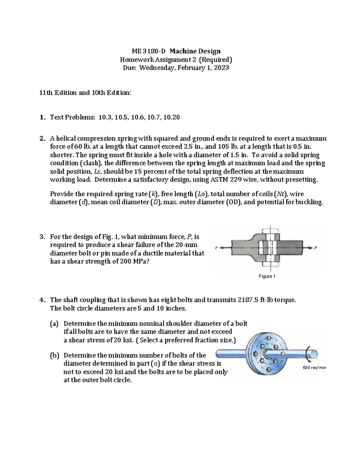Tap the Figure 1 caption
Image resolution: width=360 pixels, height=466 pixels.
tap(267, 276)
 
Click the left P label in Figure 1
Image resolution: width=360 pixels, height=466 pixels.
tap(216, 248)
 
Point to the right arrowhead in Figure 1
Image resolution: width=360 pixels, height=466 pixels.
tap(310, 248)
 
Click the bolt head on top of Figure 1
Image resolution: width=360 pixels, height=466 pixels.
tap(271, 230)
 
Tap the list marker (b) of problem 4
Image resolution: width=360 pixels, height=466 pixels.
tap(55, 356)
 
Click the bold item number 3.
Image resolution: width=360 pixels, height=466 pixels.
tap(42, 237)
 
